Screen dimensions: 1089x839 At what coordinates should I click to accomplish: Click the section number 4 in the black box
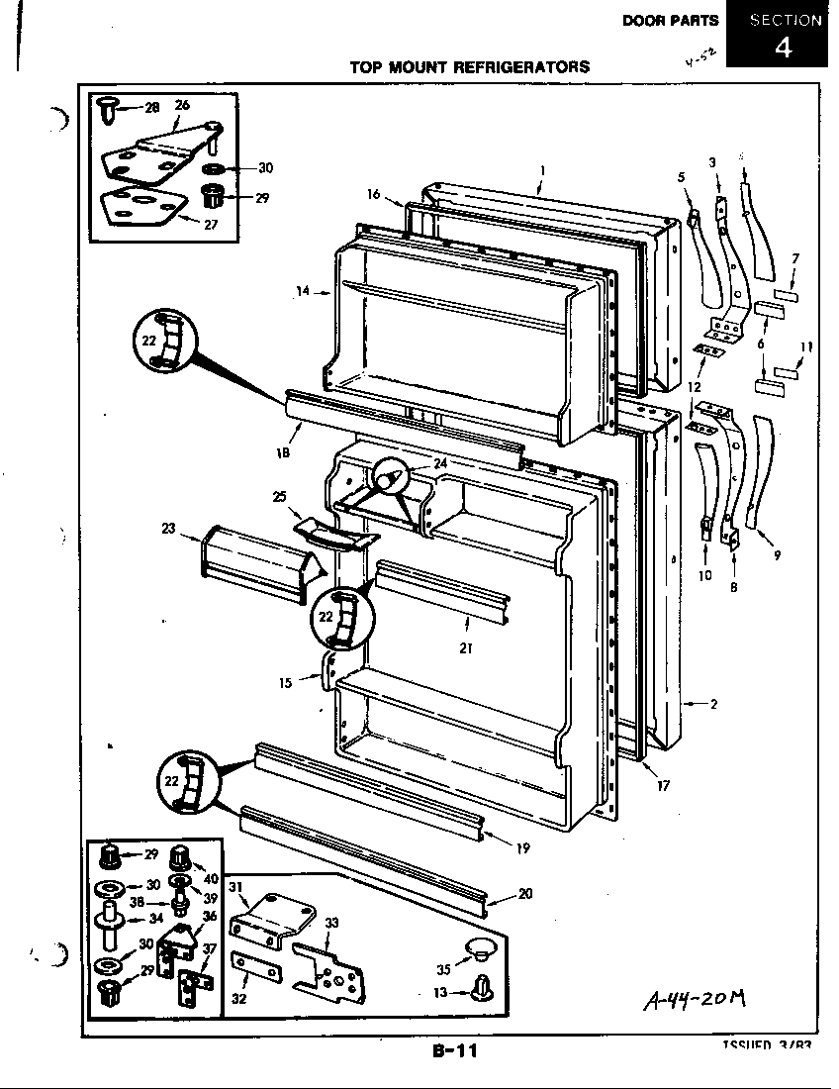[x=782, y=47]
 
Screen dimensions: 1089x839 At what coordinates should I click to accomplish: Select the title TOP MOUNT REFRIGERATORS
[x=470, y=67]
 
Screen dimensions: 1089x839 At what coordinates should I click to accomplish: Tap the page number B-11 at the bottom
[x=454, y=1051]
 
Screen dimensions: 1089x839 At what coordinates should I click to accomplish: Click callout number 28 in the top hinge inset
[x=151, y=107]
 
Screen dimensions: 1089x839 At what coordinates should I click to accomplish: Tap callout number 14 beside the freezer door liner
[x=302, y=291]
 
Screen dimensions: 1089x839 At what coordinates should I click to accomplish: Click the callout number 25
[x=280, y=495]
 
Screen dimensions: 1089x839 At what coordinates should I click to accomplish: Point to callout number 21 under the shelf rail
[x=464, y=648]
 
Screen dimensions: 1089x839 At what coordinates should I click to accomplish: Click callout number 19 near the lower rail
[x=522, y=847]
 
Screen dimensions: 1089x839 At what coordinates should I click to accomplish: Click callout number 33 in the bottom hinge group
[x=331, y=923]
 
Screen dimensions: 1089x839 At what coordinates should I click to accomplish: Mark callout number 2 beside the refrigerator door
[x=712, y=704]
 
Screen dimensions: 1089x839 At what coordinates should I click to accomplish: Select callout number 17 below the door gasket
[x=662, y=786]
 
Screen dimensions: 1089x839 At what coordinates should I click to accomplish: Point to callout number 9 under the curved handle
[x=777, y=554]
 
